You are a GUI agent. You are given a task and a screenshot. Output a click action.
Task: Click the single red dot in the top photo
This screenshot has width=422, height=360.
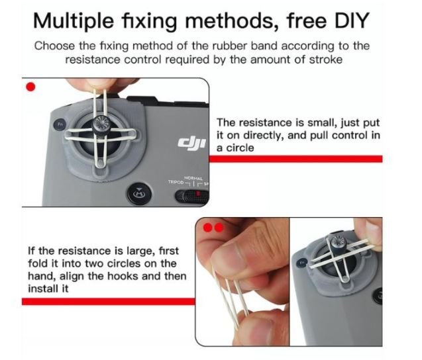tap(30, 87)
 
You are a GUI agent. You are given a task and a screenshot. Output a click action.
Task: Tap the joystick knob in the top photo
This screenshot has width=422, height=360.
tap(101, 124)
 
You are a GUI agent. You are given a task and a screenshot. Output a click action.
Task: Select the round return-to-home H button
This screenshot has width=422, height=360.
tap(139, 193)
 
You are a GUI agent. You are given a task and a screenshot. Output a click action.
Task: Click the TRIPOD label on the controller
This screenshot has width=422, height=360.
tap(176, 182)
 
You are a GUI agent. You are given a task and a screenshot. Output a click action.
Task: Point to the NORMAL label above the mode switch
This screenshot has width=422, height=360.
tap(193, 178)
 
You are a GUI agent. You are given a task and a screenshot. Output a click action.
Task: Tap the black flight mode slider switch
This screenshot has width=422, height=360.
tap(192, 197)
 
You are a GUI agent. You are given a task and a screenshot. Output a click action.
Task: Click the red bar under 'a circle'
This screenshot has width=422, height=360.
tap(295, 159)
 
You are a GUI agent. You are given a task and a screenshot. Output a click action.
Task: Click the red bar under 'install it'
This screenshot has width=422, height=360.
tap(109, 301)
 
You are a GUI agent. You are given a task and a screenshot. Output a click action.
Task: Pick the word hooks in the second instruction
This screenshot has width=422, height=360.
tap(123, 276)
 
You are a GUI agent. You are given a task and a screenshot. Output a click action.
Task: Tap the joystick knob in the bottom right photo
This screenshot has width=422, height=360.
tap(337, 241)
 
